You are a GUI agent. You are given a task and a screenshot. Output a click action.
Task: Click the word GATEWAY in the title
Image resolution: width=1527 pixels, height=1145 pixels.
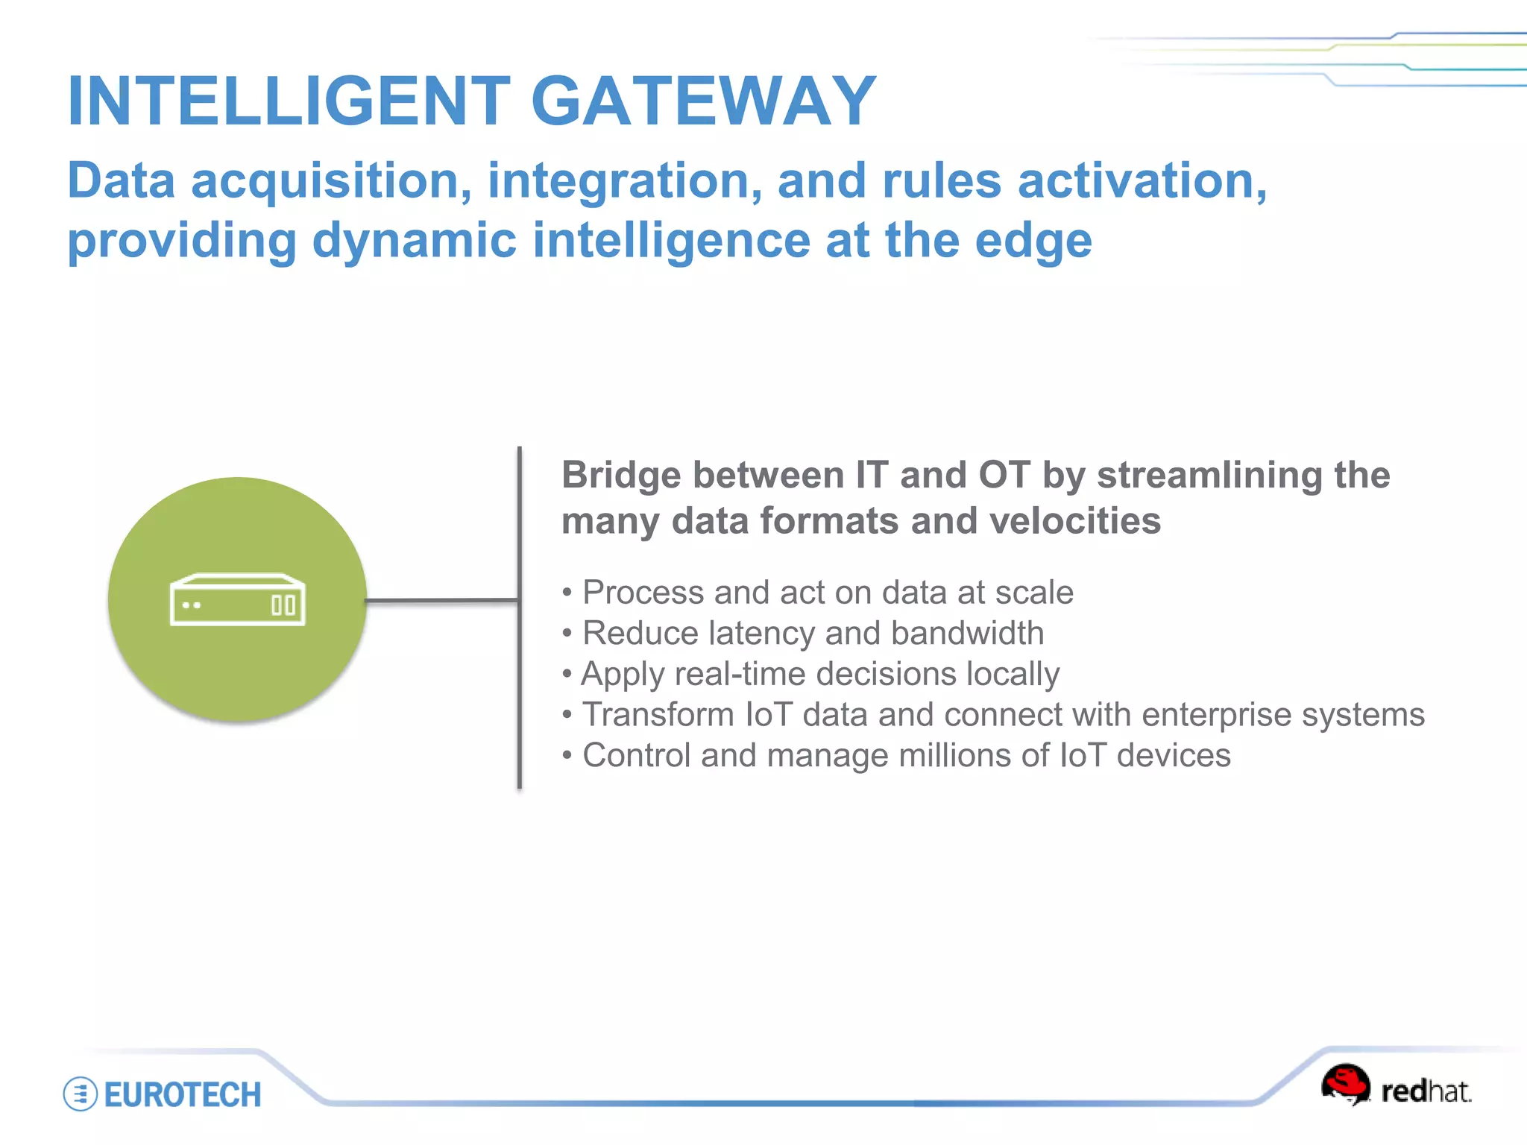coord(703,101)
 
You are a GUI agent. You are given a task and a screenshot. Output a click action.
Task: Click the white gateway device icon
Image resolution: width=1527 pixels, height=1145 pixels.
coord(237,599)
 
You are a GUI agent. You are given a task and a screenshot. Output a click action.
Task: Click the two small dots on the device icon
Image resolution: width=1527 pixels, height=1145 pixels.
coord(192,605)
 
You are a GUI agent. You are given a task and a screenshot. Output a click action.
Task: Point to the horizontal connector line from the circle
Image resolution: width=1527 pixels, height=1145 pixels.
coord(441,600)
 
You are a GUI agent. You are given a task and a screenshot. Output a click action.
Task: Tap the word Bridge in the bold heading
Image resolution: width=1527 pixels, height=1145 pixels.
coord(620,476)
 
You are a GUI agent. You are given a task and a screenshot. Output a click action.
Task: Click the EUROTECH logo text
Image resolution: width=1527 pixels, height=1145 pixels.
coord(183,1095)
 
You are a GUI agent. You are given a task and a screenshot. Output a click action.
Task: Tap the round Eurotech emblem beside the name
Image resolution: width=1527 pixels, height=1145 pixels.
coord(81,1094)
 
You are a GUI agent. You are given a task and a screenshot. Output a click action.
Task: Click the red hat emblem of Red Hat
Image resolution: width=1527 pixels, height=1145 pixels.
coord(1346,1084)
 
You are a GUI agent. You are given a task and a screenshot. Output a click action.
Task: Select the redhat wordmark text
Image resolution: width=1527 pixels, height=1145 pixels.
coord(1426,1092)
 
